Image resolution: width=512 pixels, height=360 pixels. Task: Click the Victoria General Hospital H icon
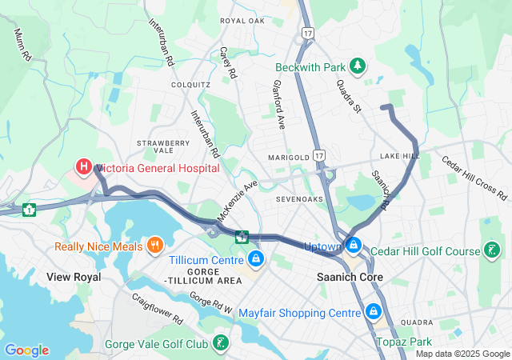tap(83, 167)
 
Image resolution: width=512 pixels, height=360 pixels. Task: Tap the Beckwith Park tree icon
tap(360, 65)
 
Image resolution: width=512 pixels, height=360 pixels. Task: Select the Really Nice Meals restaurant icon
tap(156, 244)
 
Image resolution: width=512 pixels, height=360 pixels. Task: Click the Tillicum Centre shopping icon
tap(256, 258)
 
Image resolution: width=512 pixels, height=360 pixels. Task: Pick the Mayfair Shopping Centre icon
tap(373, 310)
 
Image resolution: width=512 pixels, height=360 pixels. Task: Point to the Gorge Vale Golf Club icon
tap(221, 344)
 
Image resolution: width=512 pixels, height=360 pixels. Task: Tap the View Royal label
tap(74, 276)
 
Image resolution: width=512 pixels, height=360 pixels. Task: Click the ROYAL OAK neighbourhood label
tap(242, 20)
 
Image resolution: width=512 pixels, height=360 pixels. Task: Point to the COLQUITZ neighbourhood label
tap(191, 84)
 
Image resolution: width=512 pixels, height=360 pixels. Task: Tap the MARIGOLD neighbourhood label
tap(288, 157)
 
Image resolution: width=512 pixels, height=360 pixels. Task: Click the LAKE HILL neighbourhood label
tap(400, 155)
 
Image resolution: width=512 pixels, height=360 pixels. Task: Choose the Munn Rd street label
tap(22, 46)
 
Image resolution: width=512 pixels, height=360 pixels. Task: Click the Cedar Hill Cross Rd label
tap(475, 178)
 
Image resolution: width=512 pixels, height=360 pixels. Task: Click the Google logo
tap(26, 350)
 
